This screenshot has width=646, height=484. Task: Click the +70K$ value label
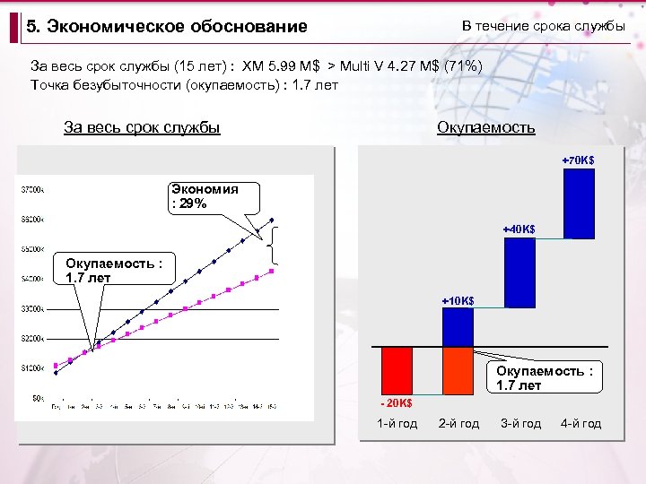click(577, 160)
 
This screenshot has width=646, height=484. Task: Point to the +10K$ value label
click(458, 300)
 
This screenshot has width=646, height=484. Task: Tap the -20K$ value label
click(395, 402)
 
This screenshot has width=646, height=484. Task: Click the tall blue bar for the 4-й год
click(578, 203)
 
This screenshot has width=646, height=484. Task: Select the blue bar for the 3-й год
click(519, 272)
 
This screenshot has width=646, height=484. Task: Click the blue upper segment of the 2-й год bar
click(458, 326)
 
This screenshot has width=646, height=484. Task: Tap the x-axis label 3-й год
click(520, 423)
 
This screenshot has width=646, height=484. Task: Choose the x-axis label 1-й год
click(397, 423)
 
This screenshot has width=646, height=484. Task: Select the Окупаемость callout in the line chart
click(115, 271)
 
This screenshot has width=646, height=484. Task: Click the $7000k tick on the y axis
click(34, 189)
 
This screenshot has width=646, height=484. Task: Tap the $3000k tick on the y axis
click(34, 309)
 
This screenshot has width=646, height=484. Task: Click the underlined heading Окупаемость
click(485, 127)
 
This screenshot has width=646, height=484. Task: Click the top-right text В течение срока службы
click(543, 26)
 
